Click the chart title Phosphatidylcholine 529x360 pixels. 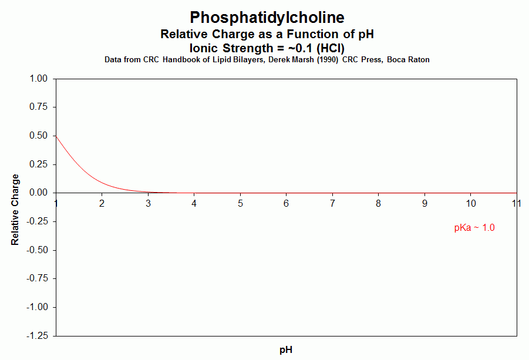[267, 17]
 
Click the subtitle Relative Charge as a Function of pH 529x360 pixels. [267, 35]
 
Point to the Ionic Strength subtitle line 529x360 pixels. [267, 48]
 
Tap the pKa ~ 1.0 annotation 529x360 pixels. [474, 228]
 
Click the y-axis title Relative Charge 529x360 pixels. [15, 209]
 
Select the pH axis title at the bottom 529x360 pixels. [286, 350]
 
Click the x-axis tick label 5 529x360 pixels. [240, 203]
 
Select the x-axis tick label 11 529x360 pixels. [517, 203]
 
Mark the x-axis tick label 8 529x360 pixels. [379, 203]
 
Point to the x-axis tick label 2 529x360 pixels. [102, 203]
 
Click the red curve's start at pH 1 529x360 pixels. [56, 136]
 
